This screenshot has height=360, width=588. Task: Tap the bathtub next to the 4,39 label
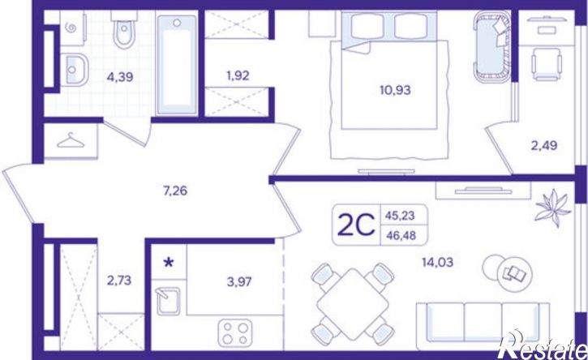[177, 65]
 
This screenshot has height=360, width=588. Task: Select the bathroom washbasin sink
[74, 70]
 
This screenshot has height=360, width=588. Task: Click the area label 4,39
[120, 78]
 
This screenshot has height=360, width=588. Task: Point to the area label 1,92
[238, 75]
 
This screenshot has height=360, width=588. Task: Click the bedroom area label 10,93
[395, 90]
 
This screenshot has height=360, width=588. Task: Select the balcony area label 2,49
[544, 145]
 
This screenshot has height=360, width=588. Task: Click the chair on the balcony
[547, 64]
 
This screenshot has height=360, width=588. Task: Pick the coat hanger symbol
[71, 140]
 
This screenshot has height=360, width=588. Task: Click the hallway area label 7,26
[175, 191]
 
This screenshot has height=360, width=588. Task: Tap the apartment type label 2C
[356, 225]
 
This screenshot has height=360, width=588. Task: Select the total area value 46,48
[401, 235]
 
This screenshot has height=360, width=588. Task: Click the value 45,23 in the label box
[400, 216]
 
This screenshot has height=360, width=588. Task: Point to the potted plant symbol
[553, 208]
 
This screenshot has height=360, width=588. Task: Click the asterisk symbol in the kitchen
[170, 262]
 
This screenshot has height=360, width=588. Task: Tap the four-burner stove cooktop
[235, 332]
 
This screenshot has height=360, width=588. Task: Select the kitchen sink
[168, 301]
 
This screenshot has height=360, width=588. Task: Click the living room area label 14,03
[438, 262]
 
